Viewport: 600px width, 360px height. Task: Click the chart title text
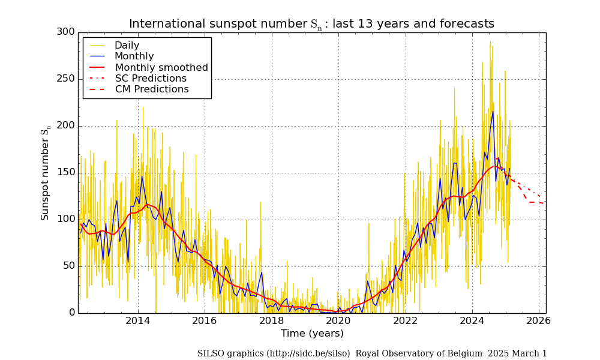(311, 24)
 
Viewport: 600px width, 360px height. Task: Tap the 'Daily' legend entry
(127, 46)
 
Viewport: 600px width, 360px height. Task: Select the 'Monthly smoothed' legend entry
(161, 68)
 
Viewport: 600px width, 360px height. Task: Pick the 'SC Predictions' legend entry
(151, 79)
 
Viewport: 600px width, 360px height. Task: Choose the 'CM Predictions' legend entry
(152, 89)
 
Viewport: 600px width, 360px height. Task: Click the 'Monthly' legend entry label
(134, 56)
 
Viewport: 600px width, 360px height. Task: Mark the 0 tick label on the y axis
(72, 313)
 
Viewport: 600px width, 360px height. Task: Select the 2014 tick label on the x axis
(137, 321)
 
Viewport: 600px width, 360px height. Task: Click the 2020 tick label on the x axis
(338, 321)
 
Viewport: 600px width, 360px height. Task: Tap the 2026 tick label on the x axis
(539, 321)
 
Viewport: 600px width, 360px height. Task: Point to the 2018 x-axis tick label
(271, 321)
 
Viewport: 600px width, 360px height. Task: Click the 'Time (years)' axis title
(312, 334)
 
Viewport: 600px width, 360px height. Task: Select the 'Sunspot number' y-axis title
(46, 174)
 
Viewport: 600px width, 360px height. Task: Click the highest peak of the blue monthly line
(493, 111)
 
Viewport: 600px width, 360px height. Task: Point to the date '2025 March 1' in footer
(517, 354)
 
